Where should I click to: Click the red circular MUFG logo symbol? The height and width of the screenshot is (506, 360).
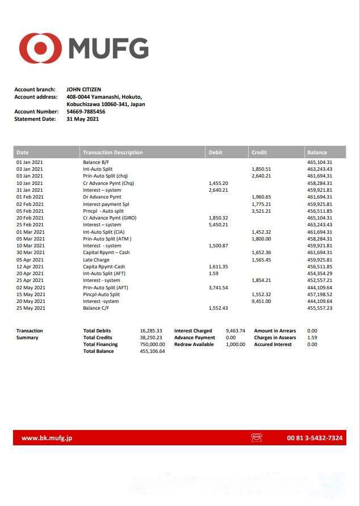click(x=40, y=48)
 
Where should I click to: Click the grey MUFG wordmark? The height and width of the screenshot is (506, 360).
click(x=108, y=48)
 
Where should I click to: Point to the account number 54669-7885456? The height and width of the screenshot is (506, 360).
click(x=86, y=112)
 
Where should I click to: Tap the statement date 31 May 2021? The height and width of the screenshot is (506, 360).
click(x=83, y=119)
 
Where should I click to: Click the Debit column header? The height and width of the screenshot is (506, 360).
click(x=216, y=153)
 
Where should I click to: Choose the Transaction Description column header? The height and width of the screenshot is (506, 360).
click(x=113, y=153)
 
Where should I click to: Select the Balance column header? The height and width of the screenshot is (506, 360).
click(x=317, y=153)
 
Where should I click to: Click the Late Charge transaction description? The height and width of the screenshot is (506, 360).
click(x=97, y=260)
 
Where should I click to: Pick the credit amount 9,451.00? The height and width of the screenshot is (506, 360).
click(x=261, y=301)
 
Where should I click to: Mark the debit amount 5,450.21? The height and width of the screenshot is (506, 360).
click(x=219, y=225)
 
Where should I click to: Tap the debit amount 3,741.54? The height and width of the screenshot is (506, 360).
click(x=219, y=288)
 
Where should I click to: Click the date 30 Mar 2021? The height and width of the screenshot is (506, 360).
click(x=30, y=253)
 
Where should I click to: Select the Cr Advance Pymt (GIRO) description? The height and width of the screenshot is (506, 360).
click(x=110, y=218)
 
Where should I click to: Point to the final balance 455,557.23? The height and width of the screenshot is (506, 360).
click(x=320, y=308)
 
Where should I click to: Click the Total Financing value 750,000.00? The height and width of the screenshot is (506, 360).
click(x=152, y=344)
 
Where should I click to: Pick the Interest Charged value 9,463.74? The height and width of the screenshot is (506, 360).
click(x=235, y=331)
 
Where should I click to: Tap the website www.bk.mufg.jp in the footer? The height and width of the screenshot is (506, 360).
click(x=47, y=438)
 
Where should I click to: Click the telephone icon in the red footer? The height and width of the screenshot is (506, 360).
click(x=256, y=438)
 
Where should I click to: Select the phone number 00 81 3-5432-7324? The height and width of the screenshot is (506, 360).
click(x=315, y=438)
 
